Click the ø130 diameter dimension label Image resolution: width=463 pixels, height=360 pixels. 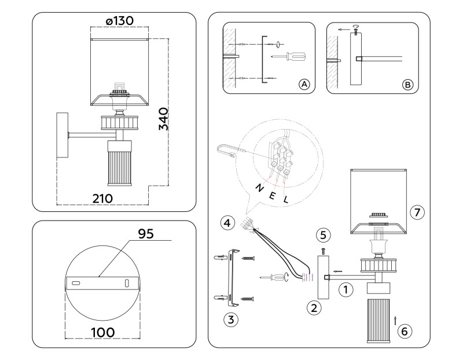coord(120,20)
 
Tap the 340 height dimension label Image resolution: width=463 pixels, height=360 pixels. coord(164,119)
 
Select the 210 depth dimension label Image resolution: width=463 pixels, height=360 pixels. coord(102,197)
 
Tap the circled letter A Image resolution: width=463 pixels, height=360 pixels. coord(304,84)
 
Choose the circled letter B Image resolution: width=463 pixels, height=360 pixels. coord(407,84)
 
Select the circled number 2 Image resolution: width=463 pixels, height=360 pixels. coord(314,308)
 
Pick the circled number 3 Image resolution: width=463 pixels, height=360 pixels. coord(231,318)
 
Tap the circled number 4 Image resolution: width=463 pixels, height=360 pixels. coord(227,222)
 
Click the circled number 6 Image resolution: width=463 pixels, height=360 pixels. coord(405,331)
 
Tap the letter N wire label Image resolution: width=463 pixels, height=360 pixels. coord(259,188)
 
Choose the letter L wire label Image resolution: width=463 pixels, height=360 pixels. coord(285,199)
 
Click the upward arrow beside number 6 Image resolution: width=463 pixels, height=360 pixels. coord(395,319)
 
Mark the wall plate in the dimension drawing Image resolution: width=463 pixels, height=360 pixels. coord(61,135)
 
